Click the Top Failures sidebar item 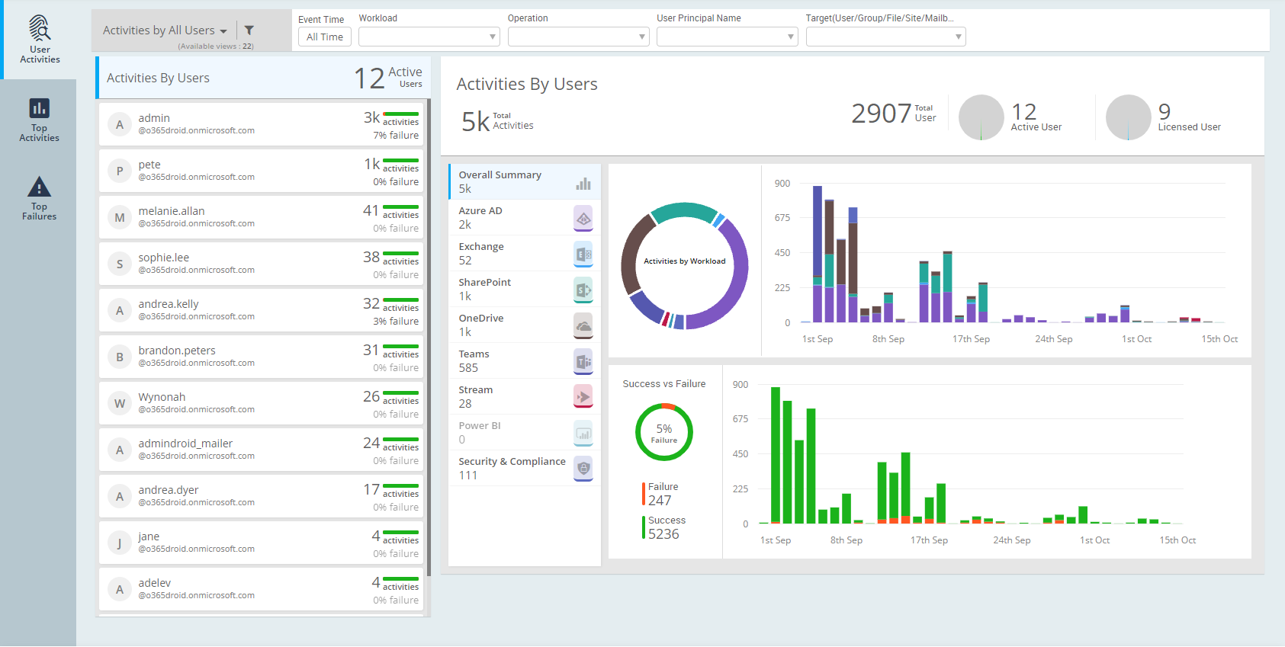click(x=39, y=198)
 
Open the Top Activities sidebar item click(x=39, y=120)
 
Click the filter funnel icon click(x=249, y=30)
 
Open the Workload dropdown click(x=429, y=37)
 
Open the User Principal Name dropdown click(x=727, y=37)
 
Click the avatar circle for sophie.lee click(x=120, y=264)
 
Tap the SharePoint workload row click(x=524, y=290)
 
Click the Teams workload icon click(x=583, y=361)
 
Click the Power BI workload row click(x=524, y=432)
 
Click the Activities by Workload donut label click(x=684, y=261)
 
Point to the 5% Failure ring click(x=664, y=433)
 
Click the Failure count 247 click(x=660, y=501)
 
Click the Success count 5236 click(x=663, y=534)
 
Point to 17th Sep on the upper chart click(x=971, y=339)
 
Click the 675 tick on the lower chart click(x=740, y=419)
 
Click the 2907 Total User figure click(x=882, y=114)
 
